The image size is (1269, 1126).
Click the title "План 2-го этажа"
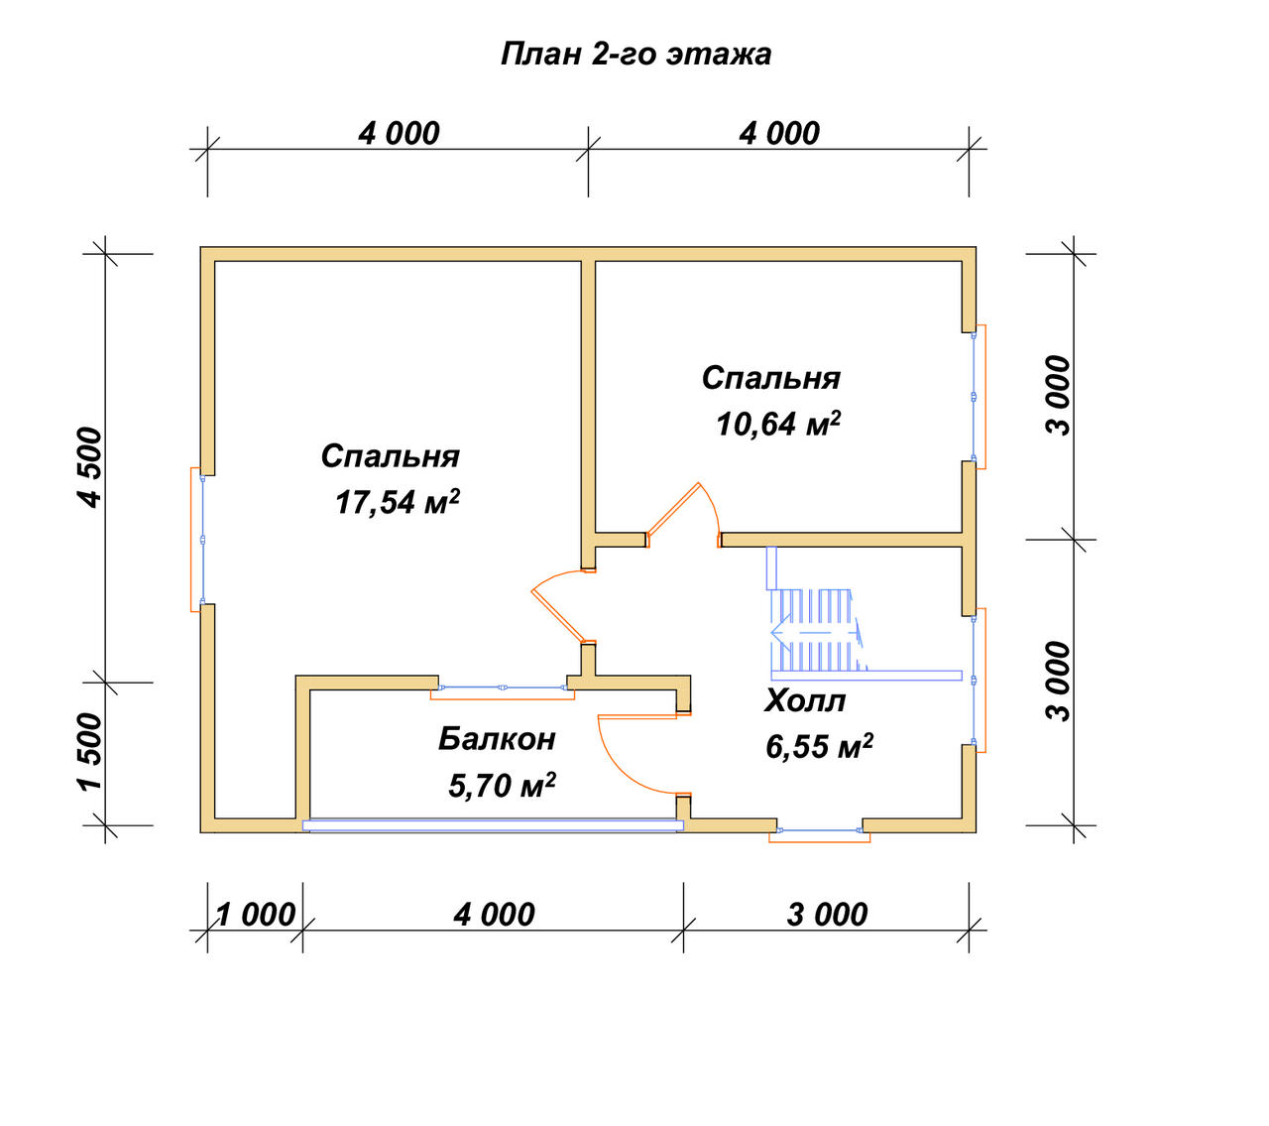pyautogui.click(x=635, y=56)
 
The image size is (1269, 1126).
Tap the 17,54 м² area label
pyautogui.click(x=398, y=502)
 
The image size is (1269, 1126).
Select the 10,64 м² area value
pyautogui.click(x=778, y=424)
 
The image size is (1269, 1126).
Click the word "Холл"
pyautogui.click(x=805, y=701)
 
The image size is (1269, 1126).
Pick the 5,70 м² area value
pyautogui.click(x=503, y=785)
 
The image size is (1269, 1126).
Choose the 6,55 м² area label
pyautogui.click(x=819, y=746)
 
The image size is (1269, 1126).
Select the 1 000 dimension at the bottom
pyautogui.click(x=256, y=915)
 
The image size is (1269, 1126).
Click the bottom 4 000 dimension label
pyautogui.click(x=494, y=915)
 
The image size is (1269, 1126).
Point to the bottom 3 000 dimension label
pyautogui.click(x=827, y=915)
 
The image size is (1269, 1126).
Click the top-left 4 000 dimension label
pyautogui.click(x=399, y=134)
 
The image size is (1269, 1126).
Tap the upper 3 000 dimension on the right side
pyautogui.click(x=1059, y=395)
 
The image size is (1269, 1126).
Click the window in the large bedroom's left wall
pyautogui.click(x=196, y=539)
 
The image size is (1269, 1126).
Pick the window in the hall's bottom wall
pyautogui.click(x=819, y=834)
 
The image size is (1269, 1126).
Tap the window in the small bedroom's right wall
pyautogui.click(x=979, y=397)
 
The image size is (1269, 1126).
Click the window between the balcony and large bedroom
pyautogui.click(x=503, y=692)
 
